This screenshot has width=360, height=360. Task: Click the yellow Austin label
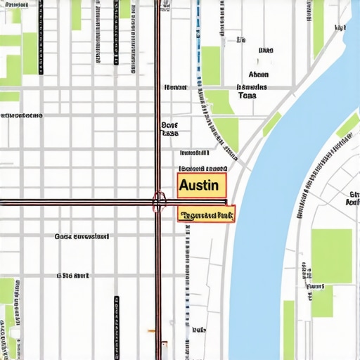click(x=202, y=186)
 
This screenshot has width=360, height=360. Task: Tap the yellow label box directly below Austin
click(x=206, y=214)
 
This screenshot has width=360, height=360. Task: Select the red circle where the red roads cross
click(x=159, y=202)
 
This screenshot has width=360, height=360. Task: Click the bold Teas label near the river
click(x=247, y=95)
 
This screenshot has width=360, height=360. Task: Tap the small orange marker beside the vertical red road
click(x=150, y=330)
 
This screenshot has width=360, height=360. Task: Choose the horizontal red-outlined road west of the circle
click(x=70, y=202)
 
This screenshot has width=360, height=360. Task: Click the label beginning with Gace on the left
click(x=82, y=237)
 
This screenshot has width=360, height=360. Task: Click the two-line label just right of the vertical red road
click(x=170, y=128)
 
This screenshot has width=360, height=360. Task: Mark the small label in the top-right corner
click(x=340, y=27)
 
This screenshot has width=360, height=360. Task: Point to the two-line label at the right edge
click(x=352, y=198)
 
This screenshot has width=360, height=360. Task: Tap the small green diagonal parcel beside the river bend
click(x=272, y=124)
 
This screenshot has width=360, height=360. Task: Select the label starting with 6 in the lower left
click(x=73, y=275)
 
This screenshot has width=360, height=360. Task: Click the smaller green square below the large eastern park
click(x=322, y=302)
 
